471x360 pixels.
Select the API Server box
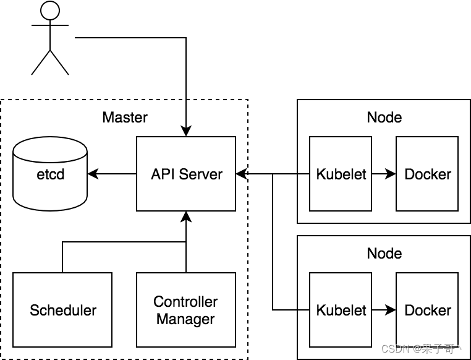click(186, 174)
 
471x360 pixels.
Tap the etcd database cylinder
click(50, 174)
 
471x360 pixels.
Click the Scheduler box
click(62, 309)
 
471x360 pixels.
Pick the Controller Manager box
click(186, 309)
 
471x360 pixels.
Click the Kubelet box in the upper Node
click(341, 174)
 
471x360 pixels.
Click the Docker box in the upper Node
click(427, 174)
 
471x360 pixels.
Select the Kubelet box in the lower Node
click(341, 310)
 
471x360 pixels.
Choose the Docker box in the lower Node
click(427, 310)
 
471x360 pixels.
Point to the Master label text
click(125, 118)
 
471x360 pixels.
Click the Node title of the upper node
click(384, 118)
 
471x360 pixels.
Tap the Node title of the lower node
click(384, 254)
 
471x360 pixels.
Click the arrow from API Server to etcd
click(112, 174)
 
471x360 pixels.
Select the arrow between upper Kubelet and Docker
click(383, 174)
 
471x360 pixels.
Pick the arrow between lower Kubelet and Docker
click(383, 310)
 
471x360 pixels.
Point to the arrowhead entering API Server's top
click(186, 132)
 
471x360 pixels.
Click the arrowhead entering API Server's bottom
click(186, 216)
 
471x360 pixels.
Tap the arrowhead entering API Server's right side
click(241, 174)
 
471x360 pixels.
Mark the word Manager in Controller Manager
click(185, 319)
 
